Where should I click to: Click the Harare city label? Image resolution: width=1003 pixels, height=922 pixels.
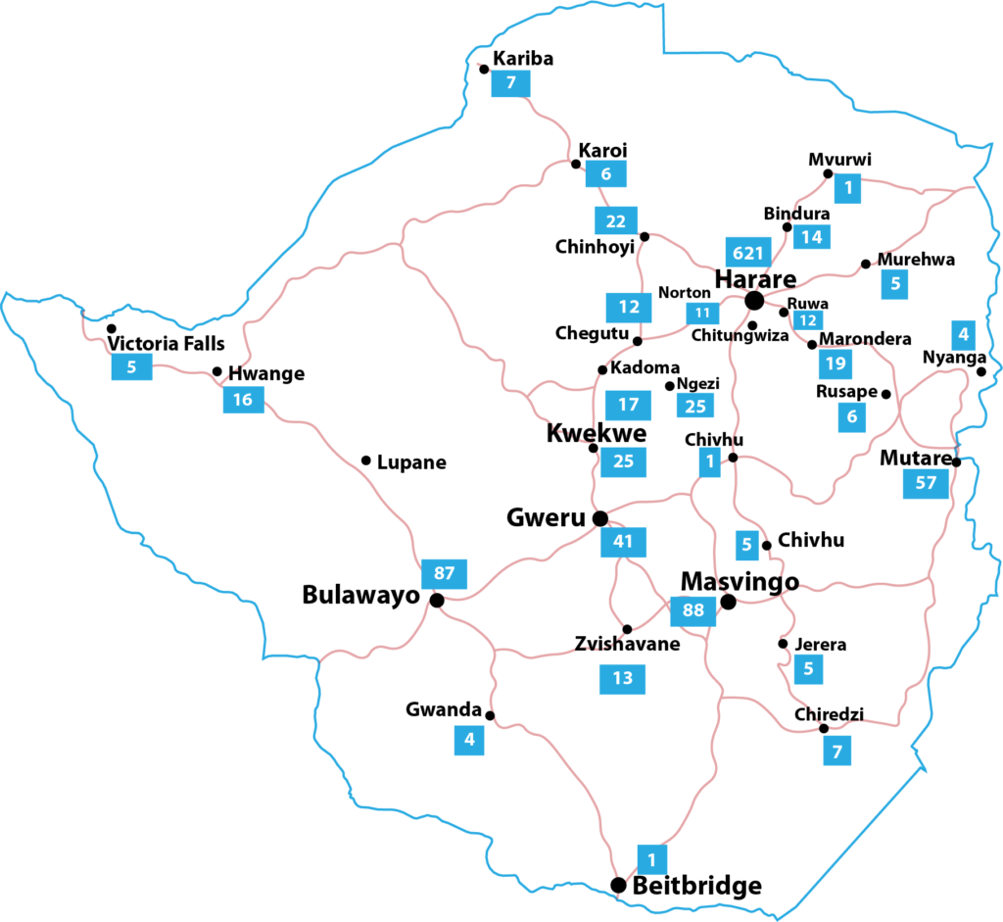[x=755, y=278]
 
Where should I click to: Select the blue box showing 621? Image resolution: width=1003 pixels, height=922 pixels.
[x=747, y=253]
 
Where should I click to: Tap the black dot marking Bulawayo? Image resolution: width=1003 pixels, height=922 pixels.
[x=437, y=600]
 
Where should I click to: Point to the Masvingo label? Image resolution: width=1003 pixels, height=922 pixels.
[x=740, y=581]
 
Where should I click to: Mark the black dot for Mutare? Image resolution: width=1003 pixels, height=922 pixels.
[x=956, y=462]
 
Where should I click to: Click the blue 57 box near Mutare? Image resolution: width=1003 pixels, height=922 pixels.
[x=926, y=483]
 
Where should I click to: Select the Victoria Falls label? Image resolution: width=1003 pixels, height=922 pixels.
[x=166, y=344]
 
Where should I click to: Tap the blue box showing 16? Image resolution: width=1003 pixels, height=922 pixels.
[x=243, y=399]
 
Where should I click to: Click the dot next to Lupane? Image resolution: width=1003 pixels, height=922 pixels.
[x=365, y=461]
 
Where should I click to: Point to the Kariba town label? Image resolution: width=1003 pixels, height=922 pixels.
[x=523, y=59]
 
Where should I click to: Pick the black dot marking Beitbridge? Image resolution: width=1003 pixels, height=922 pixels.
[x=618, y=885]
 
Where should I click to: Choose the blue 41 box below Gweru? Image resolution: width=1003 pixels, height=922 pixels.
[x=623, y=541]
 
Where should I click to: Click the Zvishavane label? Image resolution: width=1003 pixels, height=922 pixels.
[x=627, y=644]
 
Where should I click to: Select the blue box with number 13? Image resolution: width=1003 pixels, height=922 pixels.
[x=623, y=678]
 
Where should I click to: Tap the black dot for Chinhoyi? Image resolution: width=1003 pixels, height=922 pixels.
[x=645, y=236]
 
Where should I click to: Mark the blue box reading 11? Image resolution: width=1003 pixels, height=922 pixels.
[x=701, y=314]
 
